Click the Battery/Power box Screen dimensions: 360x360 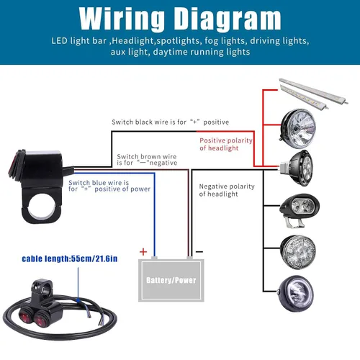tap(171, 280)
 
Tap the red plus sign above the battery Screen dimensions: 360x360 tap(143, 252)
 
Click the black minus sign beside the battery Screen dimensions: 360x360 tap(199, 252)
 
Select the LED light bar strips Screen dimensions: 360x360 tap(314, 93)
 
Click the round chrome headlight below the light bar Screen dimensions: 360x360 tap(298, 128)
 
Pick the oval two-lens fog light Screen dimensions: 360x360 tap(300, 210)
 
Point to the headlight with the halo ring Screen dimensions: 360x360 tap(296, 293)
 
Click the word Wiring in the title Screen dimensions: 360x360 tap(122, 19)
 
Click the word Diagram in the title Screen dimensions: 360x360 tap(228, 19)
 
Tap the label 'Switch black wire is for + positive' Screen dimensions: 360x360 tap(170, 122)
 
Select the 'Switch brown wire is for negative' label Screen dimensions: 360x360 tap(147, 160)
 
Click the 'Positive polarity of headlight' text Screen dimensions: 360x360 tap(226, 144)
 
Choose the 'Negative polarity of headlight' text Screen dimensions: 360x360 tap(227, 190)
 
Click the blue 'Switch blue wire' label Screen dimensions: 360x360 tap(109, 186)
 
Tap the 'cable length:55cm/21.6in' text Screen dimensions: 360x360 tap(70, 258)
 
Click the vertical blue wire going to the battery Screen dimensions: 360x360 tap(155, 215)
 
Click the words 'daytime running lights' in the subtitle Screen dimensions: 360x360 tap(202, 52)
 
